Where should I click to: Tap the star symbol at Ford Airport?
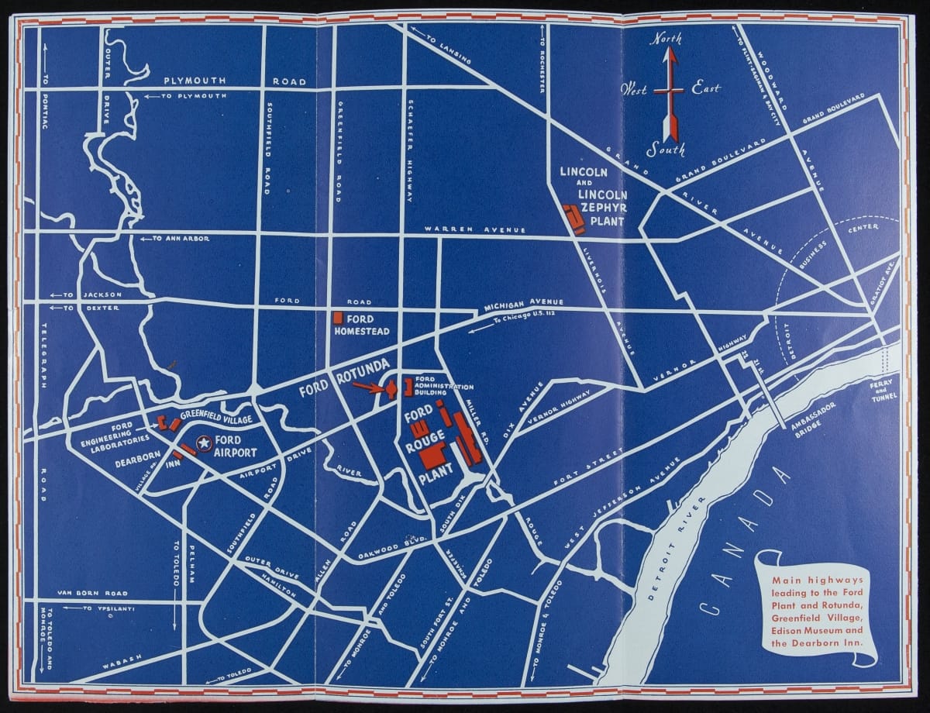point(203,444)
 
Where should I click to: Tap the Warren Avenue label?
point(474,230)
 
